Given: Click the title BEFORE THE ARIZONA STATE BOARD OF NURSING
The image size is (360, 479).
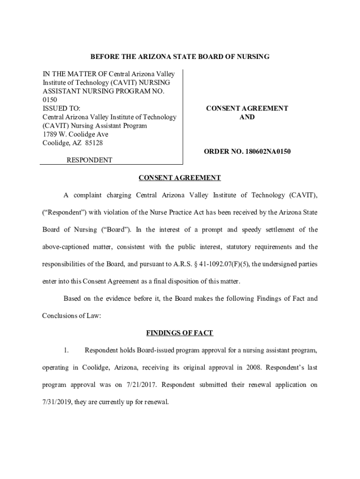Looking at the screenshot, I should point(180,57).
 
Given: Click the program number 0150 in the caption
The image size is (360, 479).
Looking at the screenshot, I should point(50,100).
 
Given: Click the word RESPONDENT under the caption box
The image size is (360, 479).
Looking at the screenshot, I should point(89,160).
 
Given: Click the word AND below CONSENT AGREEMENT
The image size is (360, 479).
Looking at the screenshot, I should point(247,117).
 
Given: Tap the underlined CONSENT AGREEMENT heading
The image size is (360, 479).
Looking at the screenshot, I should point(180,178).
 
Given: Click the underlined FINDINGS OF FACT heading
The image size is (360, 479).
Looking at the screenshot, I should point(180,333).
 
